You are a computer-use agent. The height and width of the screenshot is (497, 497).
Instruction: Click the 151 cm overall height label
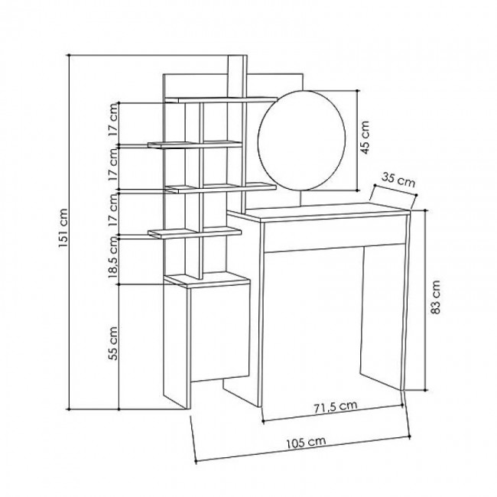point(63,228)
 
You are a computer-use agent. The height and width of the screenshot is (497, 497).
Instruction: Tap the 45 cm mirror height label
point(365,137)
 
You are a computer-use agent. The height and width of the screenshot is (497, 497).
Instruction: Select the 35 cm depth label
point(398,180)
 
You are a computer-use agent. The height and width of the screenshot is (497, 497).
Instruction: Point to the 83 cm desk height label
point(436,297)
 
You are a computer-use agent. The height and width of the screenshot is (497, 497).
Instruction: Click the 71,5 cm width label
point(336,406)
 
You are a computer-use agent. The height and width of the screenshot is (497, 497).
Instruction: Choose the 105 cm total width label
point(306,443)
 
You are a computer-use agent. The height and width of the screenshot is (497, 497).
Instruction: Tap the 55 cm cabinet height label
point(113,343)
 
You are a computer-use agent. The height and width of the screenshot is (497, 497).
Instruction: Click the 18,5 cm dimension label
point(113,257)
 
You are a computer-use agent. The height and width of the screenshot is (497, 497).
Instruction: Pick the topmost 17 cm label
point(113,119)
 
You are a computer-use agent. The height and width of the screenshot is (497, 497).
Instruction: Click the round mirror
point(301,141)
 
